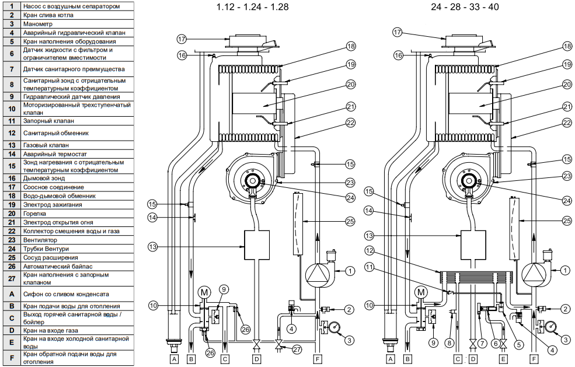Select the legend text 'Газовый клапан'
point(47,145)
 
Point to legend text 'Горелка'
point(37,214)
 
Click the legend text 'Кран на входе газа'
point(53,330)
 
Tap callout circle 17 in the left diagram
point(182,39)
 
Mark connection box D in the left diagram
point(256,359)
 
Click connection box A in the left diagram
point(173,359)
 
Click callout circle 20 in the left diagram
point(350,84)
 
